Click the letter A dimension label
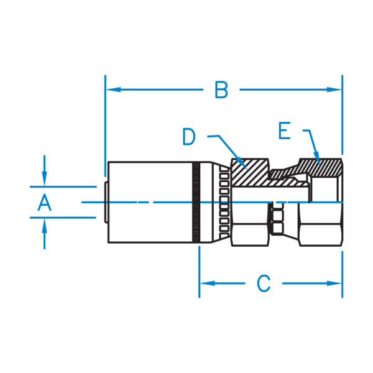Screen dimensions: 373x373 point(44,202)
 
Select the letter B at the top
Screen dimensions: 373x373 point(221,90)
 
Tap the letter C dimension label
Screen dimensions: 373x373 point(264,283)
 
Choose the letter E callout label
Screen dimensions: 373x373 point(285,131)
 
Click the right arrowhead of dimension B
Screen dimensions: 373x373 point(337,90)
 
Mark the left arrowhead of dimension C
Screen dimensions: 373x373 point(205,283)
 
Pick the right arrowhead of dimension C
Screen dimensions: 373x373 point(337,283)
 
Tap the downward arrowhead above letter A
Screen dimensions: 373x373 point(44,180)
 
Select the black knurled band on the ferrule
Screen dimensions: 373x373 point(196,203)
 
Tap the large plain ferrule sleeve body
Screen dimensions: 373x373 point(149,203)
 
